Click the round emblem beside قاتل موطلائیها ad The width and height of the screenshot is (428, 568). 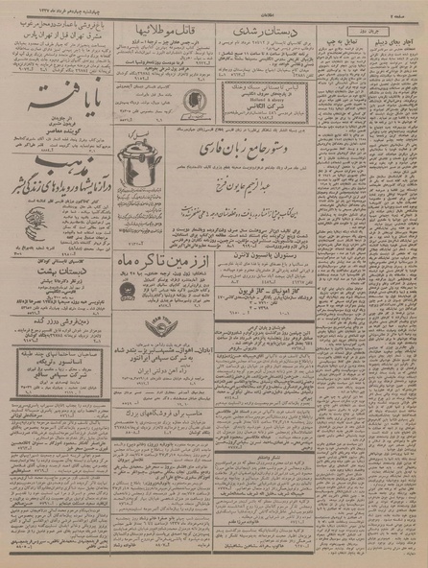click(189, 98)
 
